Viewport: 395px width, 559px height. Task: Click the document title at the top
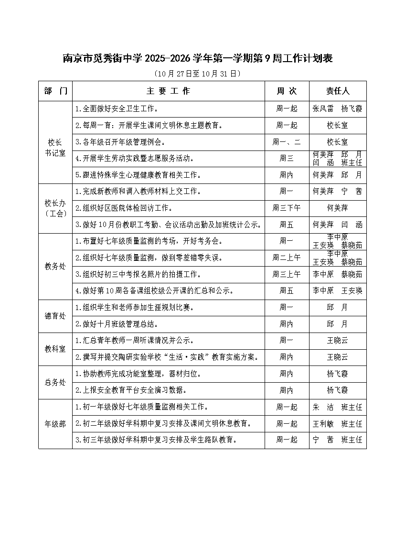click(198, 58)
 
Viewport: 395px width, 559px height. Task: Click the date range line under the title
click(198, 74)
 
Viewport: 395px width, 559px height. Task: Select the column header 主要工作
click(168, 91)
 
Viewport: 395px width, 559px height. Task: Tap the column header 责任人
click(338, 91)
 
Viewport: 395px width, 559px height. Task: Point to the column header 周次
click(287, 91)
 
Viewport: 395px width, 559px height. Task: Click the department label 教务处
click(55, 267)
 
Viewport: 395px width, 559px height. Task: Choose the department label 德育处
click(55, 316)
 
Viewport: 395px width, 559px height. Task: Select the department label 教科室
click(55, 349)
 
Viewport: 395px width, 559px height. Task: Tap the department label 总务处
click(55, 382)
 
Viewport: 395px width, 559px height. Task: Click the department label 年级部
click(55, 424)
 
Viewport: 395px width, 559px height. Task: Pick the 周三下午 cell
click(287, 208)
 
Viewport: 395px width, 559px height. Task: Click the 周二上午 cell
click(287, 258)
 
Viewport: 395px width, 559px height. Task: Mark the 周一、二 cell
click(287, 142)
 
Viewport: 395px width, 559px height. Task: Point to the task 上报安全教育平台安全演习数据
click(131, 390)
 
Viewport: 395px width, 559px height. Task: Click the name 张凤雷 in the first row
click(323, 108)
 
